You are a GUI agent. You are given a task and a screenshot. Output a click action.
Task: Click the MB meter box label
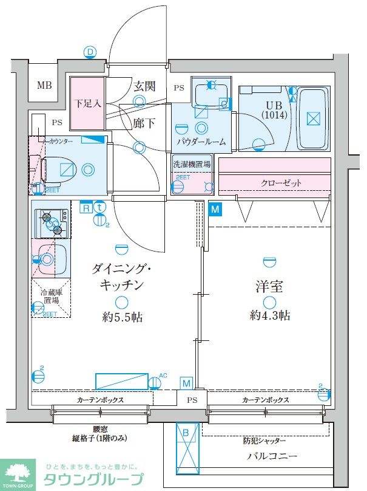pos(44,84)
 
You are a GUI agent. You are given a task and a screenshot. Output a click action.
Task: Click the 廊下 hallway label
pos(144,123)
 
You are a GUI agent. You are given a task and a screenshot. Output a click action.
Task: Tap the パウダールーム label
pos(201,142)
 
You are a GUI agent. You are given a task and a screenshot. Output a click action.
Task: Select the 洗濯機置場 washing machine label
pos(192,164)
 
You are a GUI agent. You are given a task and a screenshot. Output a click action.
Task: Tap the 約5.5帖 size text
pos(122,317)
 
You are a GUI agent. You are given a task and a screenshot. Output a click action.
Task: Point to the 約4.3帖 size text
pos(269,315)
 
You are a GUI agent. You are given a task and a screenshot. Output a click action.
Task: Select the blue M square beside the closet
pos(215,210)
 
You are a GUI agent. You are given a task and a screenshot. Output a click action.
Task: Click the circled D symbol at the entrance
pos(90,52)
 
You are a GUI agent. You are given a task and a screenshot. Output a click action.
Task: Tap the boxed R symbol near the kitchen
pos(86,207)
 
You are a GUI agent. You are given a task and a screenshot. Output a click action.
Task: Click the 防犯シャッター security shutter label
pos(264,441)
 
